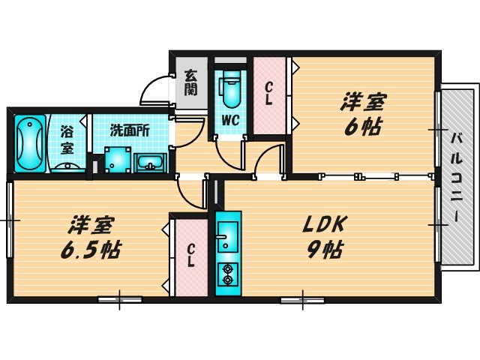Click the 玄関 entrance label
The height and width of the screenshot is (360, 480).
click(191, 82)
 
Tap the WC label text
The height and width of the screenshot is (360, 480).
click(230, 121)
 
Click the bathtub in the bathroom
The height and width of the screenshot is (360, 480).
click(30, 143)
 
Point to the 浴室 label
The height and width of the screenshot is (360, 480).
click(67, 139)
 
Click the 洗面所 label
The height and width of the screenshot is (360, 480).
click(130, 130)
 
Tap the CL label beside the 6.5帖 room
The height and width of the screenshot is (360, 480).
click(192, 256)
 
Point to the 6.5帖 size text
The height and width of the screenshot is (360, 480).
click(92, 248)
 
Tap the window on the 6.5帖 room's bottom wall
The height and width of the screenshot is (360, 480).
click(120, 299)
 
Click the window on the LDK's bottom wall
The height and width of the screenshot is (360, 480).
click(303, 299)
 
